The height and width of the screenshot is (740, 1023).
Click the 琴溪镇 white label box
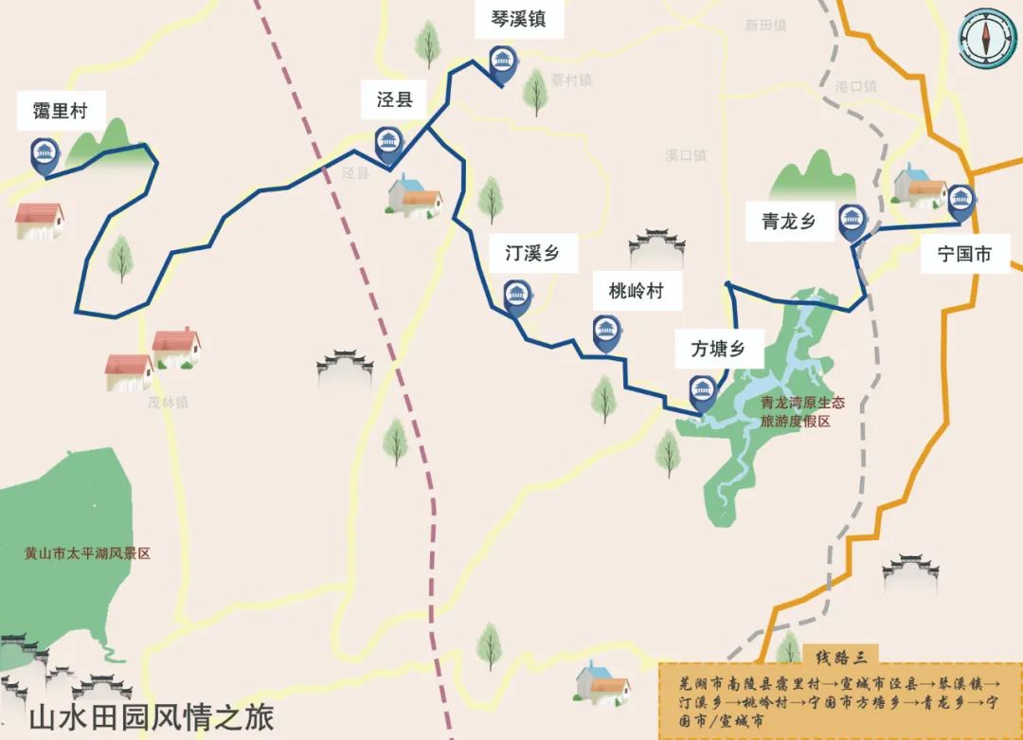coord(517,19)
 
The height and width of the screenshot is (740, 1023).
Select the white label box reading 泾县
coord(395,99)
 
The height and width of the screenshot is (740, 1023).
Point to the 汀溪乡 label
coord(531,254)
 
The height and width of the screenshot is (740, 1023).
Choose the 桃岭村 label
coord(636,291)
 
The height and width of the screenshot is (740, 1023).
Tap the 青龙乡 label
coord(789,222)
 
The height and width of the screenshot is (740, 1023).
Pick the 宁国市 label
coord(964,254)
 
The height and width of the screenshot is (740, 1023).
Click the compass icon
coord(986,38)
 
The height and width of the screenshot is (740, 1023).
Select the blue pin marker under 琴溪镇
coord(501,63)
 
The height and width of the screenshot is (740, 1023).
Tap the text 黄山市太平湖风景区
coord(88,553)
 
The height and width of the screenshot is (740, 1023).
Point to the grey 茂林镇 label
coord(168,403)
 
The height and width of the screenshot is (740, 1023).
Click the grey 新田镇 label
coord(765,26)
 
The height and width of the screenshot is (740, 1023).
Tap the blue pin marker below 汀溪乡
coord(516,297)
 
